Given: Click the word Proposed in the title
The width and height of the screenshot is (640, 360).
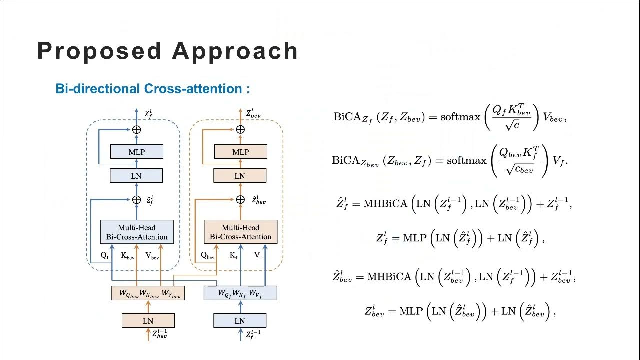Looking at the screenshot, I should pos(99,51).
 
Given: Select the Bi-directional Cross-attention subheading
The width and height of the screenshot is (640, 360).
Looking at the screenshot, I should pos(152,89).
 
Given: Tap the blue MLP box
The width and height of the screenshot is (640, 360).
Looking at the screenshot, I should pos(136,152).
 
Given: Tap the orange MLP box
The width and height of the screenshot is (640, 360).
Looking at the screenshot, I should pos(240,152).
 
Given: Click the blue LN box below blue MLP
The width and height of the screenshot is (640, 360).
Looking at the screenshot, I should pos(136,176).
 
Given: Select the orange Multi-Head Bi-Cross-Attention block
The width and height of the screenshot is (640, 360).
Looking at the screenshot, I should pos(240,232).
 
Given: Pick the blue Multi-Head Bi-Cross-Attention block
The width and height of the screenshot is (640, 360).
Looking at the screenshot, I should pos(137,232).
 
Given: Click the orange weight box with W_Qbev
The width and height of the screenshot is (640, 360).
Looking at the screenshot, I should pos(148,293).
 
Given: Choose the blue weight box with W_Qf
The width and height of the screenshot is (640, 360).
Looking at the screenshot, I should pos(240,293).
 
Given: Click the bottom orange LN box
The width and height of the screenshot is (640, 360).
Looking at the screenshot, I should pos(148,321).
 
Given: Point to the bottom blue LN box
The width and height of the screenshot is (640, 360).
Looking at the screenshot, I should pos(240,321).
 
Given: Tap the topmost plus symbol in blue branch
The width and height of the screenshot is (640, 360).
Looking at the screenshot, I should pos(136,130).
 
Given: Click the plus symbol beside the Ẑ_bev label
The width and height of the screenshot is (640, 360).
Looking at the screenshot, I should pos(240,200).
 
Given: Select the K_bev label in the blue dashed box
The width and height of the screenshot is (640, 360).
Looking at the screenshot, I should pos(127,256).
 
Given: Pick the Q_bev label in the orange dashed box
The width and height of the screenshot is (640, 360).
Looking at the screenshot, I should pos(207,256).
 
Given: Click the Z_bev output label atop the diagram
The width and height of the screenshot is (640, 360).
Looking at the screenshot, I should pos(253,114).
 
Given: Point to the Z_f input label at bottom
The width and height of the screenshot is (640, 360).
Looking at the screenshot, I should pos(253,334).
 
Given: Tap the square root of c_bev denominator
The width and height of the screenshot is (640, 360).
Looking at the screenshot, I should pos(520,170).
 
